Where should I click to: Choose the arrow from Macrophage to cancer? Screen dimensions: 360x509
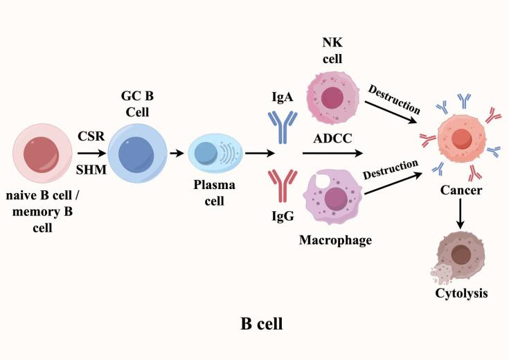click(x=393, y=185)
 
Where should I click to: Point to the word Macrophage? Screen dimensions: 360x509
click(x=334, y=240)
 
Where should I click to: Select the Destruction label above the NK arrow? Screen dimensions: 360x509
click(x=394, y=98)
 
